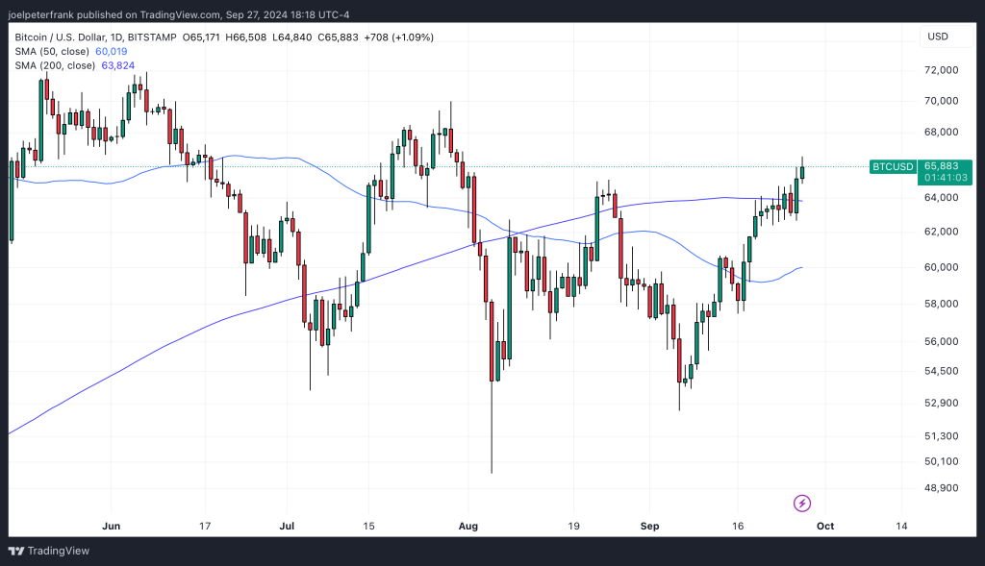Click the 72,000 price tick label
point(942,70)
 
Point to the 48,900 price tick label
point(942,488)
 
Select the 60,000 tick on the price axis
point(942,267)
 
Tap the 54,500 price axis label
point(942,371)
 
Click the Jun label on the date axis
point(111,526)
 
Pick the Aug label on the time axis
point(467,526)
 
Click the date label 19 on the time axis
point(572,526)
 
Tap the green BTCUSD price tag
point(892,166)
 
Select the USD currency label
point(937,37)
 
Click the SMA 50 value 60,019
point(112,51)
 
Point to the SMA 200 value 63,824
point(117,64)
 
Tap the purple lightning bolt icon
point(801,503)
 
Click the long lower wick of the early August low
point(492,432)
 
